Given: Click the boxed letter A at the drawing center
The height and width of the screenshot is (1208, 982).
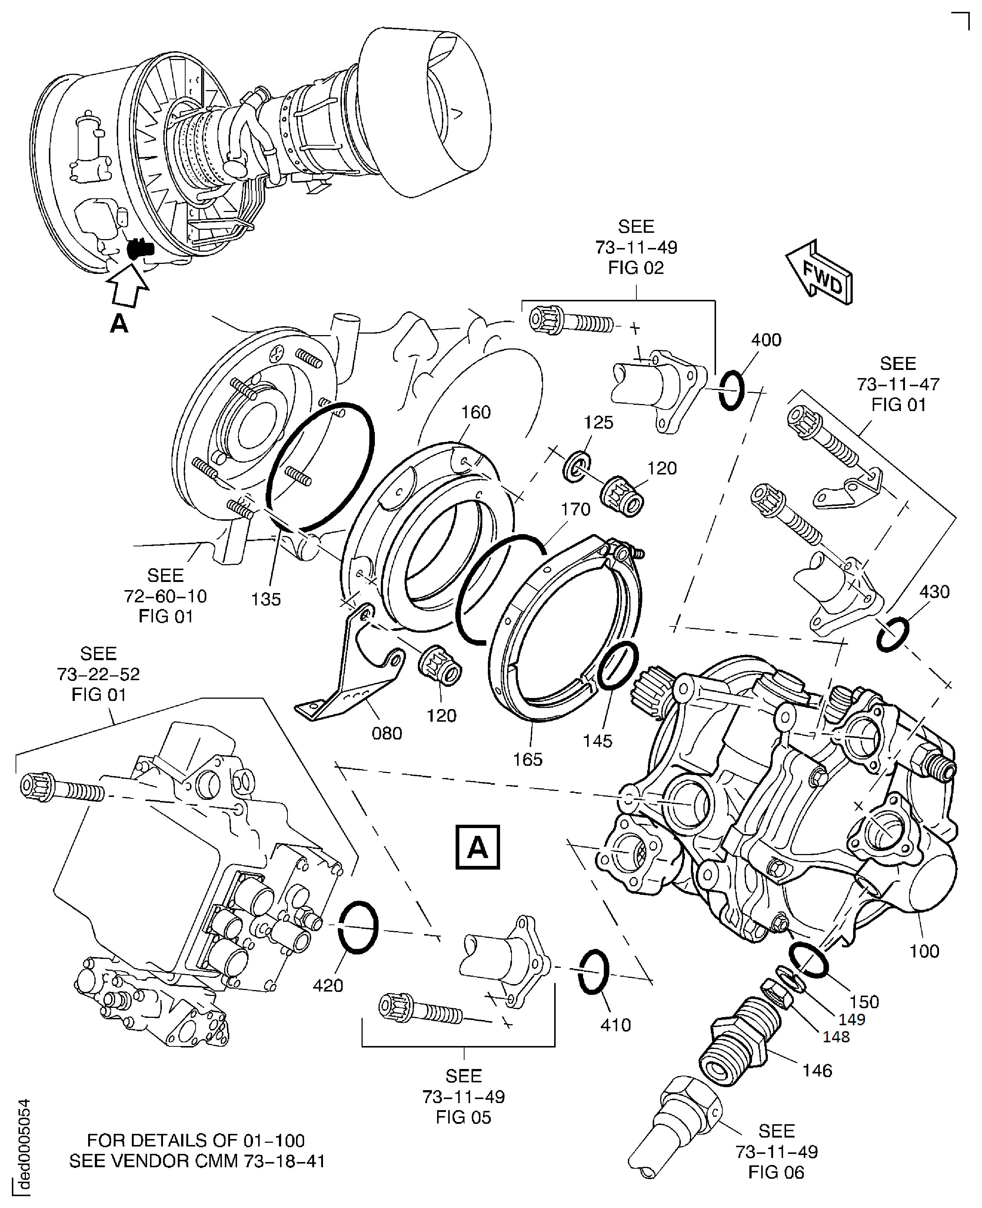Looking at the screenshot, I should tap(477, 847).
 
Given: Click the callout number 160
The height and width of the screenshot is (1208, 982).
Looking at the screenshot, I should tap(475, 412).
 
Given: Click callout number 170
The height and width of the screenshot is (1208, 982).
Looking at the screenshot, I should tap(575, 509).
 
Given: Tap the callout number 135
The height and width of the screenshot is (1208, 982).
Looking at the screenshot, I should tap(266, 599).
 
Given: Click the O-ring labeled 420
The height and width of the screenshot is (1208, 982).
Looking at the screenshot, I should tap(358, 927).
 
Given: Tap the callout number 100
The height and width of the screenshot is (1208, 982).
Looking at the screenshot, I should tap(924, 951).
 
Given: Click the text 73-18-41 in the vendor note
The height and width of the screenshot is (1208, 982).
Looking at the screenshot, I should tap(284, 1161).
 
